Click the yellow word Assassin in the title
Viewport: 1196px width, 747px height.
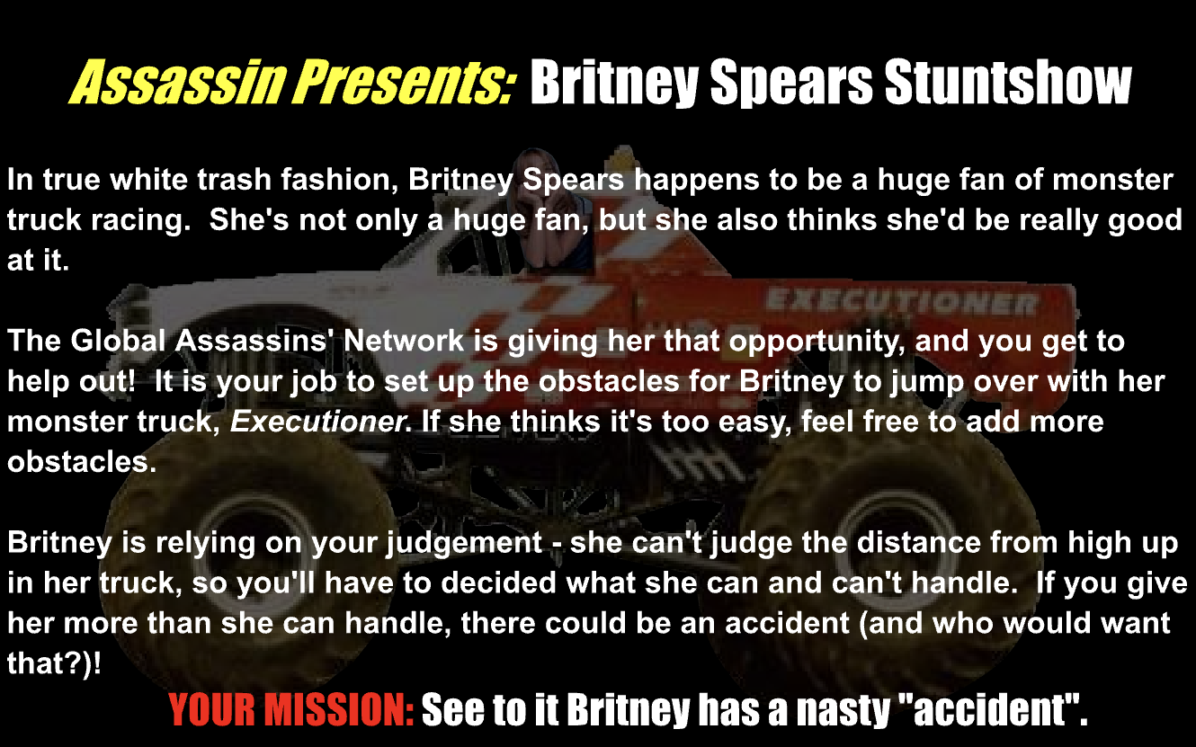(177, 82)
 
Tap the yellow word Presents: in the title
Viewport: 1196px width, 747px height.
(404, 82)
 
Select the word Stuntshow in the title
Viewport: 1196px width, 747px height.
(1008, 82)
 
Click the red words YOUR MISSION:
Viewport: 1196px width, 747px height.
(291, 710)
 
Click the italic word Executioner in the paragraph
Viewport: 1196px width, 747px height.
(318, 422)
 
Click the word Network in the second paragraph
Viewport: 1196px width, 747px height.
(404, 341)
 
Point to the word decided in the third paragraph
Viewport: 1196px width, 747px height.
(498, 582)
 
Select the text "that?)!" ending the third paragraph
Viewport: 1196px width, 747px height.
(54, 664)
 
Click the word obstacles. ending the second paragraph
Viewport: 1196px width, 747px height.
(82, 462)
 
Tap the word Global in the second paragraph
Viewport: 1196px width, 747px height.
(118, 341)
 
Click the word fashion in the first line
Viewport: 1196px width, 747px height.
(340, 180)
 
